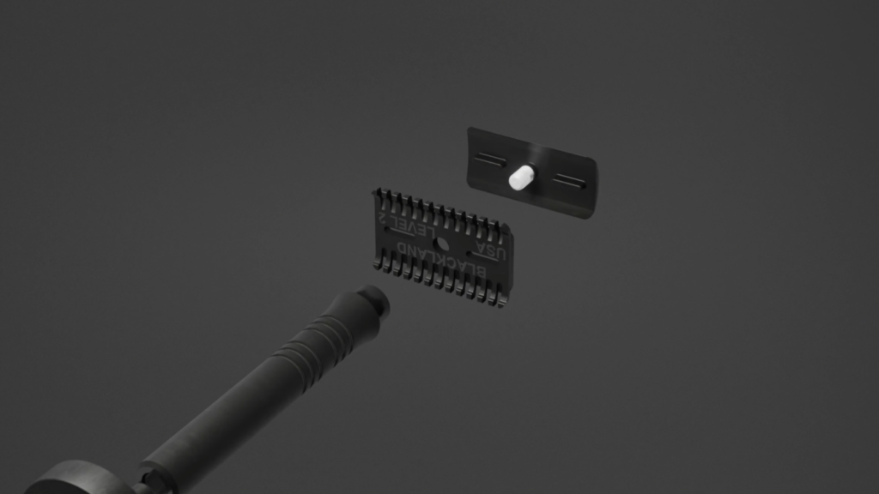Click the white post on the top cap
(520, 178)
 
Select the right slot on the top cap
(567, 180)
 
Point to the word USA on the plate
(491, 253)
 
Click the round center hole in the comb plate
(443, 244)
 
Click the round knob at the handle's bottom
(77, 479)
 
